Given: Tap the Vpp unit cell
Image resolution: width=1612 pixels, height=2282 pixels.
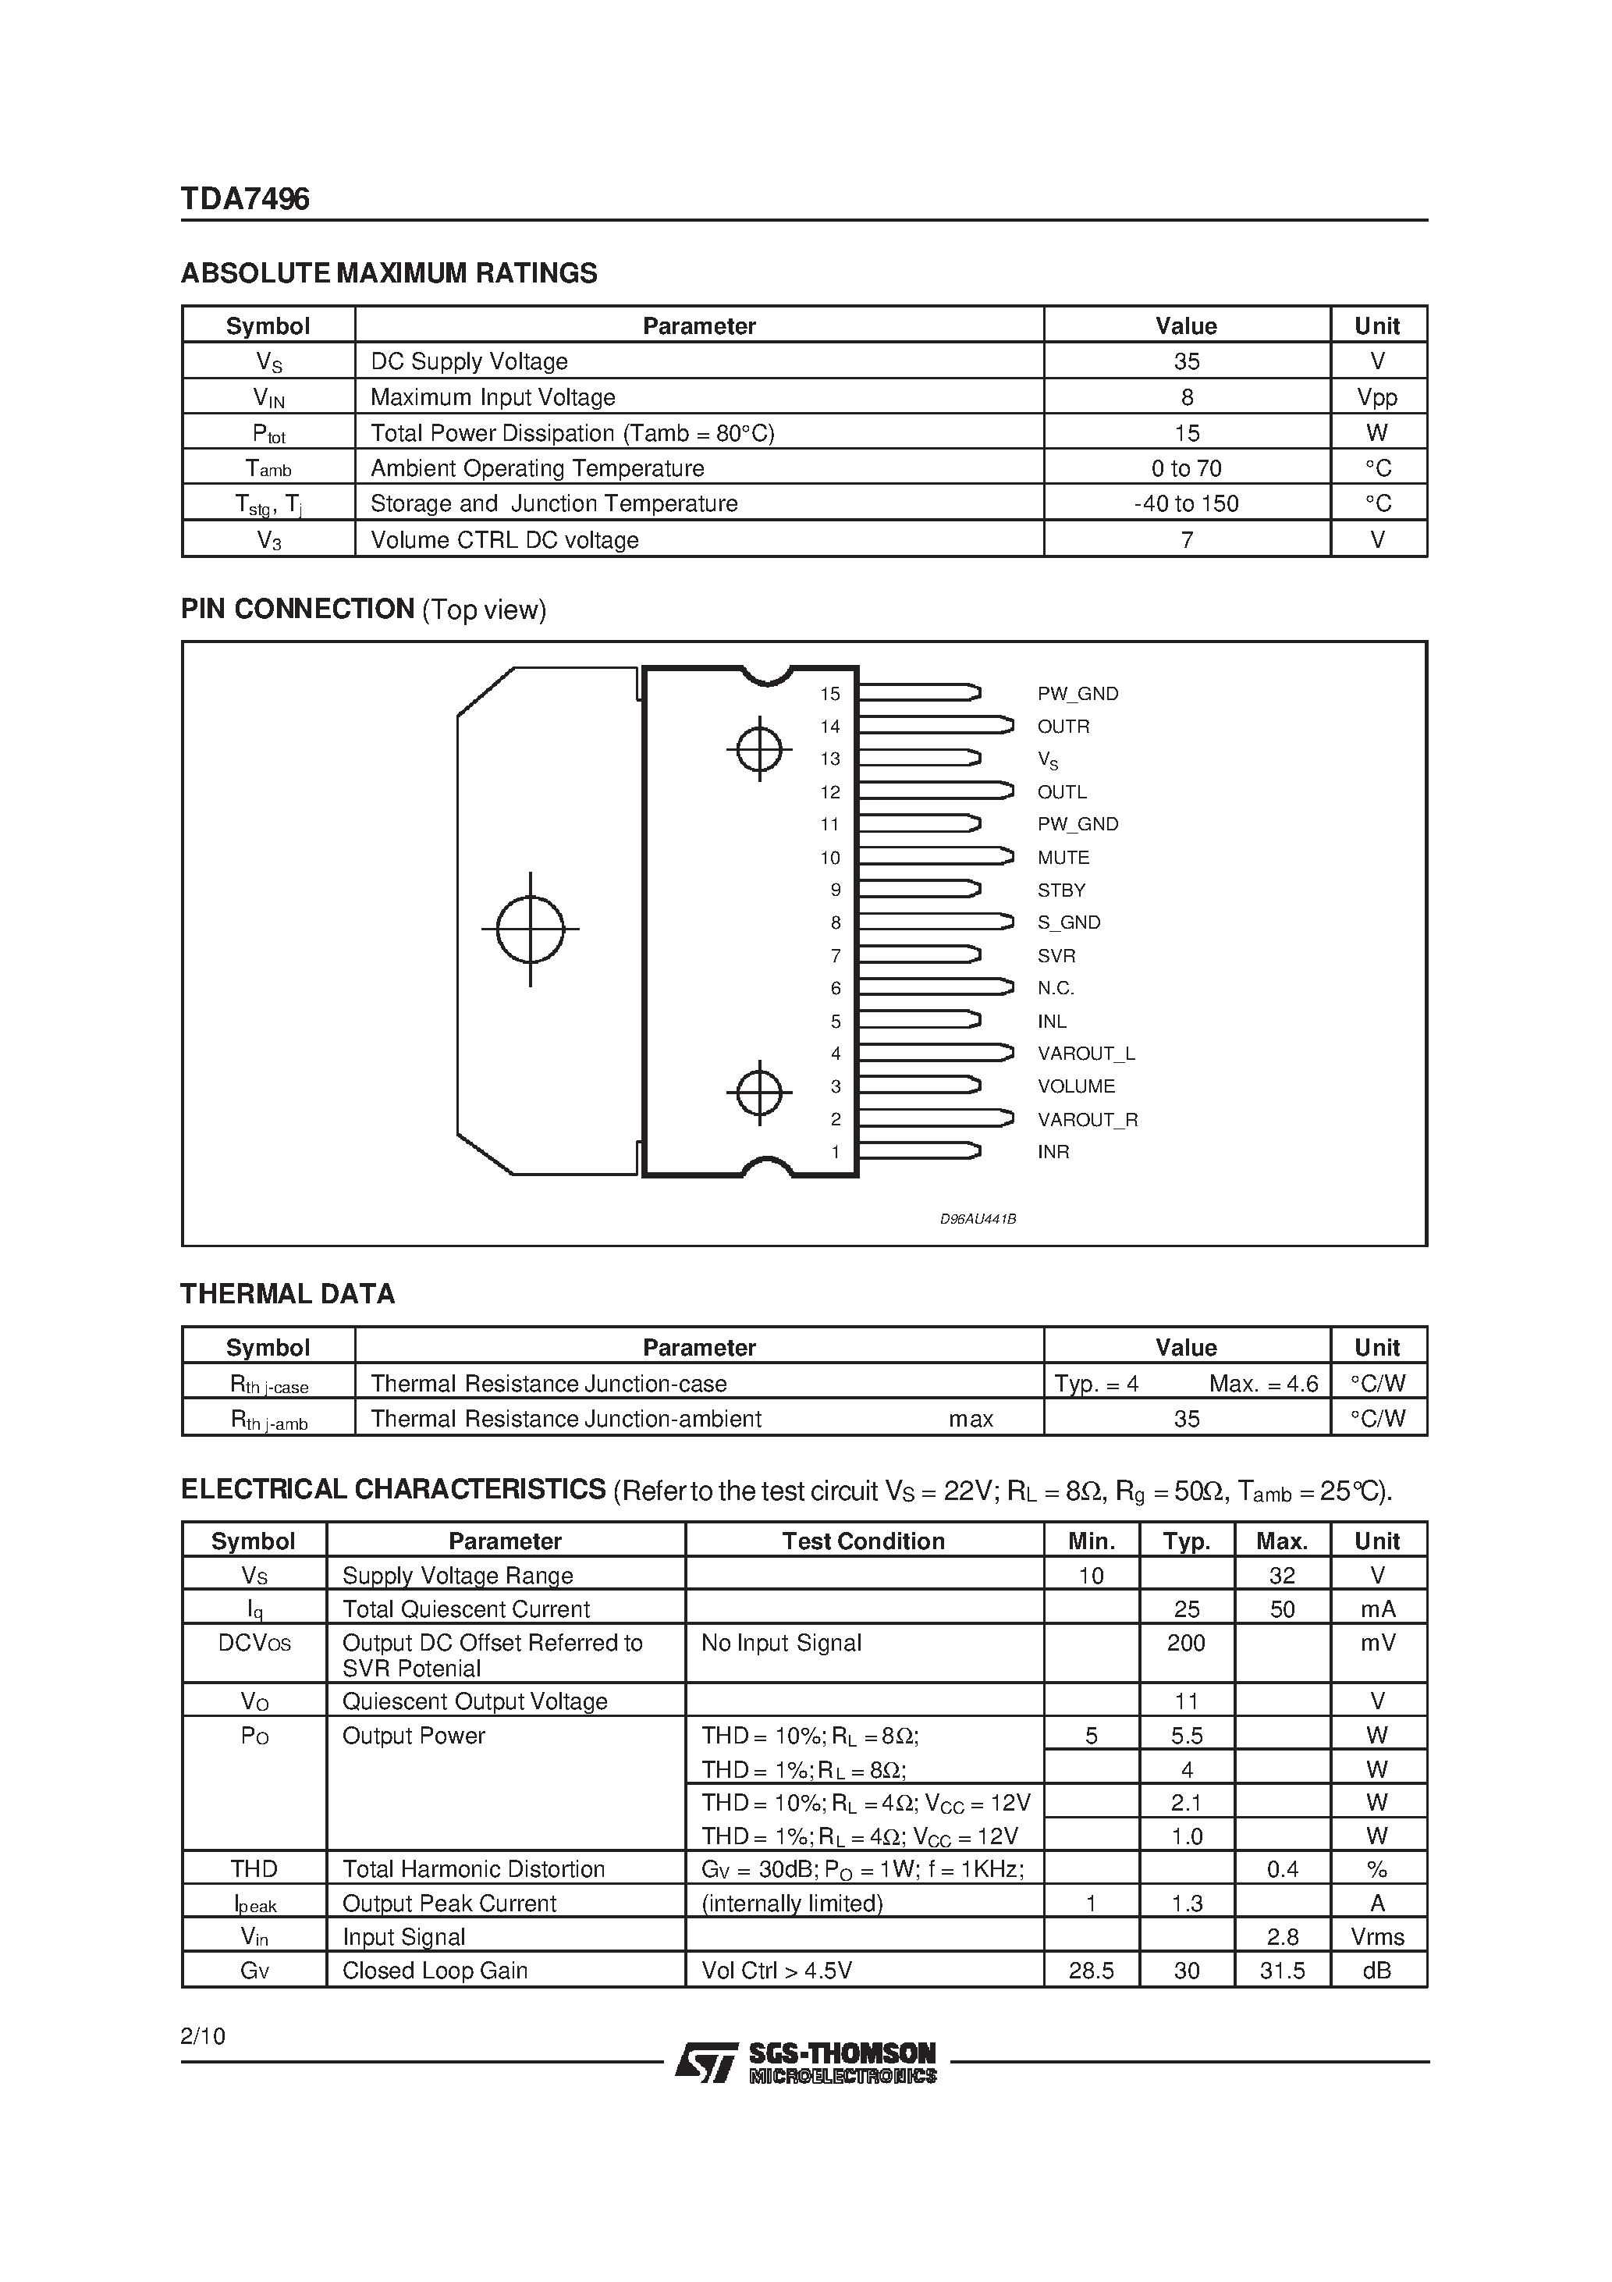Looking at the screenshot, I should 1376,397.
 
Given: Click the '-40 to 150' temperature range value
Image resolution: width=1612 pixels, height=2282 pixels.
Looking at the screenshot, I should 1186,504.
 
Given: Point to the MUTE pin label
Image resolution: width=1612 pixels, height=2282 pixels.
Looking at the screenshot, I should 1063,857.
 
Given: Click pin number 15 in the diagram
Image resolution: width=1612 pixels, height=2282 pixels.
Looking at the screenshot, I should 830,694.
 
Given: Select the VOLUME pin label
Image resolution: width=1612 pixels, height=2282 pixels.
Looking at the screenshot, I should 1075,1086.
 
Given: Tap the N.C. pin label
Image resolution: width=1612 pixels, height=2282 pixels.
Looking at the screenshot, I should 1056,988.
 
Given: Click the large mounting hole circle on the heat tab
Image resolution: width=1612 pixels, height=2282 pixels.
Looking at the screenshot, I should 530,930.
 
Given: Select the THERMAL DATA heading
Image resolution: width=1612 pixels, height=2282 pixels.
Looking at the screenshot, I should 287,1294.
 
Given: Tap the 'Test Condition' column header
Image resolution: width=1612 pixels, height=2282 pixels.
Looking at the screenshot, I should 863,1541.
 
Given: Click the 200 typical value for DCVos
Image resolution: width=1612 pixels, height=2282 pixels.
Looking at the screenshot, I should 1186,1643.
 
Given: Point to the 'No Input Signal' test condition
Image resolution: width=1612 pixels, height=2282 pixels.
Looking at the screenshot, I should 780,1643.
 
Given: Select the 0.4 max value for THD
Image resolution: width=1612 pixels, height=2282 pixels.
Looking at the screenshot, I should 1282,1869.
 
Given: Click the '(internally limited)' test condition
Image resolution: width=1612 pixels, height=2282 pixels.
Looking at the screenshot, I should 791,1903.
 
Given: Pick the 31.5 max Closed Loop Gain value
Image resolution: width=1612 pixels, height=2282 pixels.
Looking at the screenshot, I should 1282,1971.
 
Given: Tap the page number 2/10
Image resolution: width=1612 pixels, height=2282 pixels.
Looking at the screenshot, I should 203,2036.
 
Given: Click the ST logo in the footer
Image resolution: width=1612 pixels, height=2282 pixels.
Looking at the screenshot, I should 705,2063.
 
